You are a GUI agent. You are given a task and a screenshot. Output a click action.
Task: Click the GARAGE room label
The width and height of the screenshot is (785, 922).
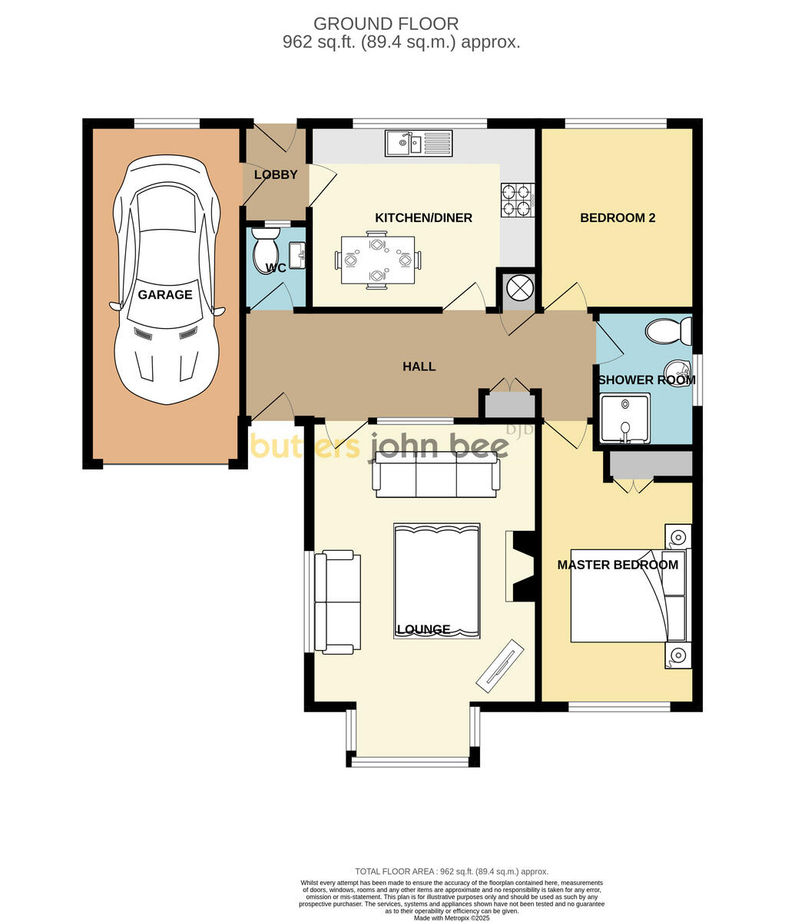click(165, 294)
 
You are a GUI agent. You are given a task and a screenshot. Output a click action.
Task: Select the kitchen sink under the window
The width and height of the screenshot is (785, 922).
click(419, 143)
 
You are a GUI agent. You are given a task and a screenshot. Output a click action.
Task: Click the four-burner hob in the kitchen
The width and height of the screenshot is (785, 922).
click(517, 199)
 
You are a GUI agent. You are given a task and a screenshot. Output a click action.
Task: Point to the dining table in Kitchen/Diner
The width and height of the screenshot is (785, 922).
click(377, 260)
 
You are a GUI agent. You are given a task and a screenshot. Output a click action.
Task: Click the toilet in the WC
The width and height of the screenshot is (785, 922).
click(265, 250)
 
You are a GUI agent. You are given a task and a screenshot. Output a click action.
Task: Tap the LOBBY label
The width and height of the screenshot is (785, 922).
click(276, 174)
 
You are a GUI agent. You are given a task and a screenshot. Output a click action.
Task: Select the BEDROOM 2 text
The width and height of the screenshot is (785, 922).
click(617, 217)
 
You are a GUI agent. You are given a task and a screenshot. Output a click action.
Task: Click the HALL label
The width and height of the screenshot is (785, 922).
click(419, 366)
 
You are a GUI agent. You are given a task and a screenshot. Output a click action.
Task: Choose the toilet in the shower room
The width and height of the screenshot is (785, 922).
click(668, 331)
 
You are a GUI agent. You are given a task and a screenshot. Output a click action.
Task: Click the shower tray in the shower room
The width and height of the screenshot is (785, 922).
click(624, 419)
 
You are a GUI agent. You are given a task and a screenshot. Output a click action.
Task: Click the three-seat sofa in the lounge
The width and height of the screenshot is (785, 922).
click(436, 477)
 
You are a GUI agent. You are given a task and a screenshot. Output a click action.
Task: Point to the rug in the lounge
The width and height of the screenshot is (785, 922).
click(436, 580)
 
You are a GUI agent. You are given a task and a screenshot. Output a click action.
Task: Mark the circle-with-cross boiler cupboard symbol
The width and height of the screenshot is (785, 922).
click(519, 288)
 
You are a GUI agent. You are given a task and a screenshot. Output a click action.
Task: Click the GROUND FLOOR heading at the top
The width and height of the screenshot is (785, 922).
click(386, 24)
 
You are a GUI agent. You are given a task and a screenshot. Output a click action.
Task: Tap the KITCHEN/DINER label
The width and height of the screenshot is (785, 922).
click(423, 217)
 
